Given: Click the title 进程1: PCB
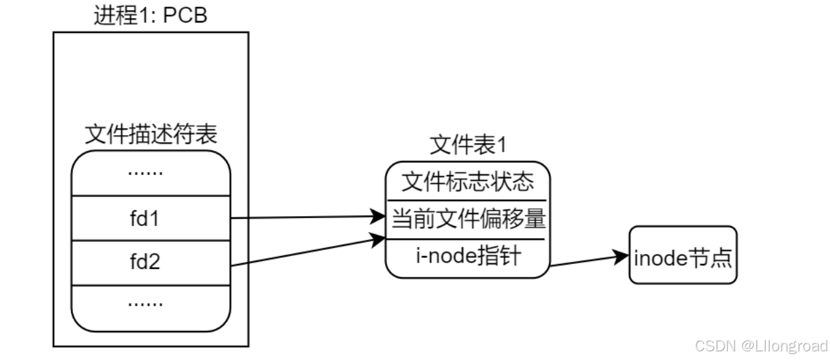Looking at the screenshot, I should pos(150,15).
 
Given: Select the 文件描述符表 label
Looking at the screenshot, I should pos(151,135).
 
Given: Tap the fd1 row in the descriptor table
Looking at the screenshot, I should pos(151,218).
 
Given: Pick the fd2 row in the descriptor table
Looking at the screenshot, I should pos(151,263).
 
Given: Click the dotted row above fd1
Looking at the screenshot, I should pos(151,173).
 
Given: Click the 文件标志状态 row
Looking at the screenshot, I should pos(467,182).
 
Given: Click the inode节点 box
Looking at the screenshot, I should pos(683,256).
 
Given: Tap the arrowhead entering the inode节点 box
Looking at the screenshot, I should pos(622,256).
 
